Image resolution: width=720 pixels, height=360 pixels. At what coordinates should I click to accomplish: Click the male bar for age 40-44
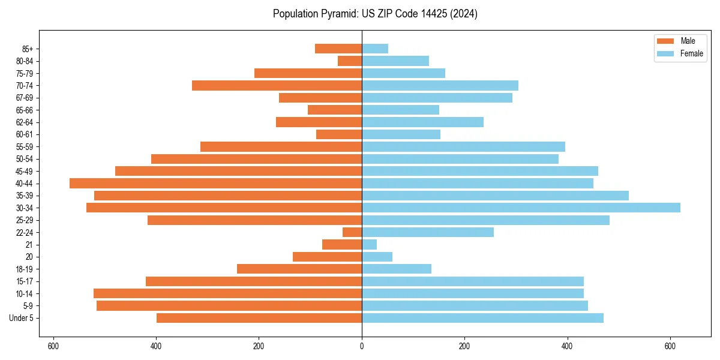click(x=215, y=184)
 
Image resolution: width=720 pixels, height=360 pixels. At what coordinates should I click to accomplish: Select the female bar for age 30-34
click(x=521, y=208)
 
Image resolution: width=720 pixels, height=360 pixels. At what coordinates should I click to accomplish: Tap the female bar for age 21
click(x=369, y=245)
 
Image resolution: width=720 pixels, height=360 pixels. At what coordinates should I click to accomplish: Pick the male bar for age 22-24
click(x=352, y=232)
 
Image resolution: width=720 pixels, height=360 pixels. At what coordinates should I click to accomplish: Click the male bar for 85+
click(x=338, y=49)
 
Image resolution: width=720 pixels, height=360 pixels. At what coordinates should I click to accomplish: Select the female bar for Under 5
click(x=482, y=318)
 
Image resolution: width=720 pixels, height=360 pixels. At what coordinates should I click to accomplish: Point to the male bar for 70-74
click(x=277, y=86)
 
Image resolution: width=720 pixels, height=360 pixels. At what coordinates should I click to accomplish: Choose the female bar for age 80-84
click(x=395, y=61)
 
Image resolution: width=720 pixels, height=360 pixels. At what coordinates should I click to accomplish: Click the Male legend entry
click(x=688, y=41)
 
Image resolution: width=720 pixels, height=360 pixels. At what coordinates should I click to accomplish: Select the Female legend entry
click(x=691, y=53)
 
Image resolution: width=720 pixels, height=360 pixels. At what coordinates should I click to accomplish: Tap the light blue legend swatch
click(x=665, y=53)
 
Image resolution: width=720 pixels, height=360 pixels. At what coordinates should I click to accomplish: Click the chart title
click(x=375, y=14)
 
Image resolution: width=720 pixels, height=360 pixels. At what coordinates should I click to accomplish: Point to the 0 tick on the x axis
click(x=362, y=346)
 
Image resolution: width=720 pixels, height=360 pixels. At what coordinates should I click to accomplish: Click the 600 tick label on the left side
click(x=53, y=346)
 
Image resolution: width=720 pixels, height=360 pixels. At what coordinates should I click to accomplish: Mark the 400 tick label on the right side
click(x=567, y=346)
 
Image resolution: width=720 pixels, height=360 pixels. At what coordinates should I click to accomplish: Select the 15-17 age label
click(x=25, y=281)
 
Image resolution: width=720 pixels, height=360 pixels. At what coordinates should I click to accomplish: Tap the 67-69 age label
click(x=25, y=98)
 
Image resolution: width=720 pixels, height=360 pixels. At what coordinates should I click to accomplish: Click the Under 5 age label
click(x=22, y=318)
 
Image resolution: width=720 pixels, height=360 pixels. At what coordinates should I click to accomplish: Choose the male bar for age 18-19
click(x=299, y=269)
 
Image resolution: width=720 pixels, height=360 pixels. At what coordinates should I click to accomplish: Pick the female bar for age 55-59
click(x=463, y=147)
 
